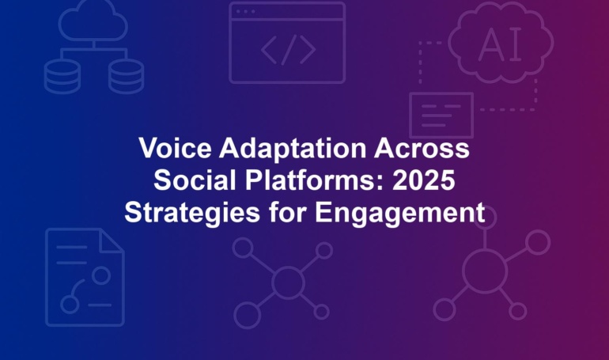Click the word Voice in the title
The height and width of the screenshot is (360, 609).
[x=175, y=148]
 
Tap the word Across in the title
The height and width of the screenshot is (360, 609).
[x=422, y=148]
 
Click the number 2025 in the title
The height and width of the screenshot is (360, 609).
[x=423, y=180]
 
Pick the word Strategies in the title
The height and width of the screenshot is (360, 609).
[x=192, y=213]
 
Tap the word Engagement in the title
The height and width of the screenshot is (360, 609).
[x=400, y=213]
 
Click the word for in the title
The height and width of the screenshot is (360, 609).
[x=288, y=212]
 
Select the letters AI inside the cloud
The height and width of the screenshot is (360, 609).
[x=500, y=44]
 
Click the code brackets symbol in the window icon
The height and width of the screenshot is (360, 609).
[x=288, y=50]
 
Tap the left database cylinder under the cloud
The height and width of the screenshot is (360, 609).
[x=62, y=77]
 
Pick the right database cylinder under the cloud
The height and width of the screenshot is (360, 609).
[x=127, y=77]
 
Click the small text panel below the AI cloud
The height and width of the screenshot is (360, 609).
[x=441, y=115]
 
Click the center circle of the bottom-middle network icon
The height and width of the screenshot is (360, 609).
[x=288, y=282]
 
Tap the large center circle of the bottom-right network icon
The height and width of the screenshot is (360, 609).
[x=485, y=271]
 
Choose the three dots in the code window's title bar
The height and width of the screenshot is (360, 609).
[x=245, y=11]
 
